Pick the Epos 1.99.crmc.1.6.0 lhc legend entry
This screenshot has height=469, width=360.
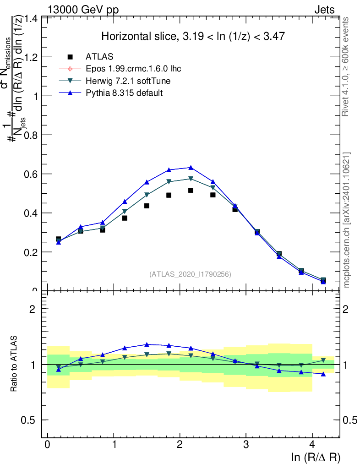pyautogui.click(x=133, y=69)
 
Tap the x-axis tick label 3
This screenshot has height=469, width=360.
pyautogui.click(x=246, y=445)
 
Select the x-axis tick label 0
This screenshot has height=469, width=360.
pyautogui.click(x=48, y=445)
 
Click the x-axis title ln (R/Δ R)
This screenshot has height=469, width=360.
pyautogui.click(x=316, y=457)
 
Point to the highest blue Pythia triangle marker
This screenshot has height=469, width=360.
pyautogui.click(x=191, y=168)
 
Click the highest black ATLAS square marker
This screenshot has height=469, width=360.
pyautogui.click(x=191, y=190)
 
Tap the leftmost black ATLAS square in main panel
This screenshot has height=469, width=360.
pyautogui.click(x=58, y=239)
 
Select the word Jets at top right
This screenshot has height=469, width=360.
pyautogui.click(x=324, y=10)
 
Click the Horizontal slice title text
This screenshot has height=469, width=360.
pyautogui.click(x=193, y=36)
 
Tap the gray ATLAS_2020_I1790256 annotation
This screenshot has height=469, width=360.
pyautogui.click(x=190, y=274)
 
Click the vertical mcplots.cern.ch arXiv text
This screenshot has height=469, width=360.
pyautogui.click(x=347, y=220)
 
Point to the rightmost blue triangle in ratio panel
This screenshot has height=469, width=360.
pyautogui.click(x=323, y=374)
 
